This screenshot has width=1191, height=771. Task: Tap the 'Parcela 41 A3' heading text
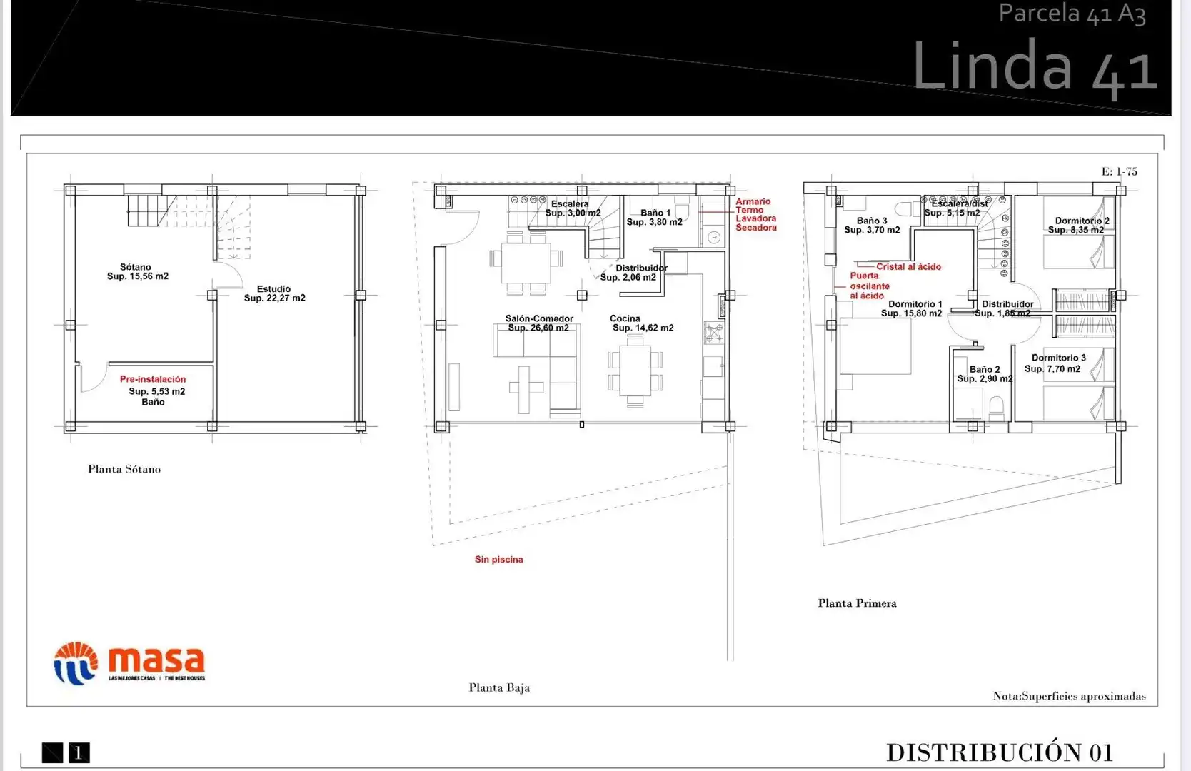1072,14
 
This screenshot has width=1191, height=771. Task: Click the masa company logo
129,662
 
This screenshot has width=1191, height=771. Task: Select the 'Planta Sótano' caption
124,469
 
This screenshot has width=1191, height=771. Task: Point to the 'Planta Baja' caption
499,687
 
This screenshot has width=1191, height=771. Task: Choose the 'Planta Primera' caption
857,603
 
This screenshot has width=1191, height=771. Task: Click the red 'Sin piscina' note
498,560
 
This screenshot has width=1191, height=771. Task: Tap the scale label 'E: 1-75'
1119,171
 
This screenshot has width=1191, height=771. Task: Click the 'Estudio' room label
273,288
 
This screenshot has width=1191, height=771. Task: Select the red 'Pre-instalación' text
153,379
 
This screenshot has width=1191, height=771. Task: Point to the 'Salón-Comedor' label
539,318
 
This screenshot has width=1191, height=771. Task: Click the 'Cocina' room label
625,318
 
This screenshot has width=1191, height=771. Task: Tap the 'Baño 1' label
655,213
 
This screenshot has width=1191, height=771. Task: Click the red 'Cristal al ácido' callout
909,267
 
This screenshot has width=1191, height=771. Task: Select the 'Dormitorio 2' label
1082,221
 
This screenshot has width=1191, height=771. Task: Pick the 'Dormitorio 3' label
1059,358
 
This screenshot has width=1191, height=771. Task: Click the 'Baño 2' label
985,369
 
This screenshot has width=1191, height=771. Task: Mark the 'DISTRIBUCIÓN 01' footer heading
1000,752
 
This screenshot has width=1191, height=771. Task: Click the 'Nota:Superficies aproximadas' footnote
1069,696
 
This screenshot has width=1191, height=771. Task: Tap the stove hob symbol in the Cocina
713,333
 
